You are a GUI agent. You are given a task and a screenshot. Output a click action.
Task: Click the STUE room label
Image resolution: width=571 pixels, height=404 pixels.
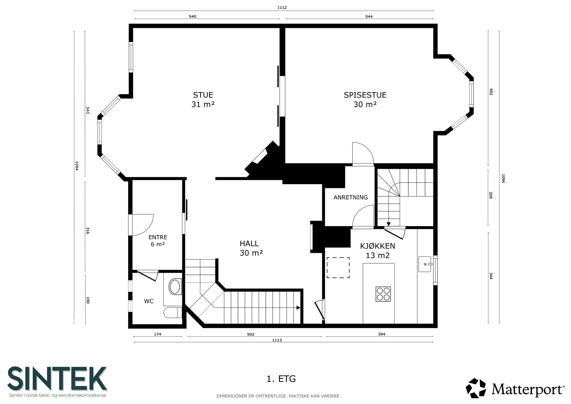click(203, 95)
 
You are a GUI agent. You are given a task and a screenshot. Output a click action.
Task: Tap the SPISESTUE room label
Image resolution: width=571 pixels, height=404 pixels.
click(365, 95)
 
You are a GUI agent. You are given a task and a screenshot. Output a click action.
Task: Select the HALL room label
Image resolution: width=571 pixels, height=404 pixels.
click(249, 244)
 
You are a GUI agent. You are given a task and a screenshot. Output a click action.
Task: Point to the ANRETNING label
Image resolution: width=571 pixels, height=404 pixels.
click(350, 197)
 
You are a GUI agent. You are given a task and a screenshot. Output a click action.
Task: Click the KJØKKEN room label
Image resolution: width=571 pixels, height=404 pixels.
click(378, 246)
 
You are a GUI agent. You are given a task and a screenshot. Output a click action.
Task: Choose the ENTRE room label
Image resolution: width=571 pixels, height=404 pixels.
click(158, 237)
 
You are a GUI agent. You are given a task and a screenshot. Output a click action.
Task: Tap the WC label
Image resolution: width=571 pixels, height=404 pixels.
click(148, 301)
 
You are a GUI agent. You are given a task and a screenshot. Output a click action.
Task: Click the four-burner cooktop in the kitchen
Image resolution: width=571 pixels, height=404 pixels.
click(383, 294)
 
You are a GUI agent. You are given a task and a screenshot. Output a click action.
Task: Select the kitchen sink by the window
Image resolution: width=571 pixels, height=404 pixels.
click(425, 264)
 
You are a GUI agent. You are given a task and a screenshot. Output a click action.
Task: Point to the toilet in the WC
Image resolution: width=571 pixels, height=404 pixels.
click(173, 313)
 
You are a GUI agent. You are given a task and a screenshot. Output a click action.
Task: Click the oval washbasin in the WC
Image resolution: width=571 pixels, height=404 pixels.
click(175, 286)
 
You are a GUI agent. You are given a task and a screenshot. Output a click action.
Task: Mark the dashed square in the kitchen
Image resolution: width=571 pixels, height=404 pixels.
click(338, 268)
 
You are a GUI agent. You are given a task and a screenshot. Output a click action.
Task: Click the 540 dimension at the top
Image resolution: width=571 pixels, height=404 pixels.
click(192, 16)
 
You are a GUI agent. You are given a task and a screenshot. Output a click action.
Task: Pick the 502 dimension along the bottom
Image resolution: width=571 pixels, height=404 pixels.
click(251, 334)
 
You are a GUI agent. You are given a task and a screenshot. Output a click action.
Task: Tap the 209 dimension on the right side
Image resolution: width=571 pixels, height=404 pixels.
click(491, 195)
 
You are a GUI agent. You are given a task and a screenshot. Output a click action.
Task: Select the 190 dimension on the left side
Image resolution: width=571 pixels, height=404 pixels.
click(88, 300)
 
